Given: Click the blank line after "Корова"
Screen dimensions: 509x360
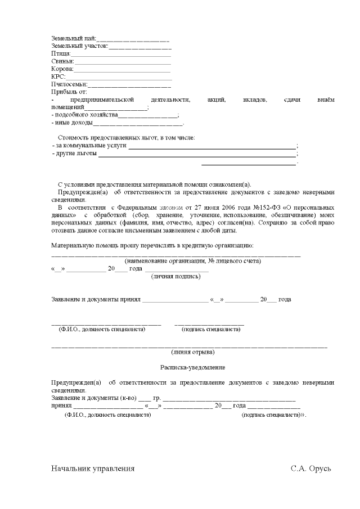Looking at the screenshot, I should click(122, 70).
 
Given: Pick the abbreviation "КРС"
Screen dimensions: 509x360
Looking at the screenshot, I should click(58, 76).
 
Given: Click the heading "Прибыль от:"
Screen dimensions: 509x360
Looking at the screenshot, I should click(69, 92).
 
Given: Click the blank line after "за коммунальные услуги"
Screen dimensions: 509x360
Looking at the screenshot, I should click(211, 147).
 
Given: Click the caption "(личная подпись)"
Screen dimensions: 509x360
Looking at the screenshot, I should click(175, 276).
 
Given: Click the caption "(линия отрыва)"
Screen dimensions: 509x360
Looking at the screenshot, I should click(192, 352).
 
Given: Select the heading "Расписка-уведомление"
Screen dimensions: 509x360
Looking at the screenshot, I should click(192, 367).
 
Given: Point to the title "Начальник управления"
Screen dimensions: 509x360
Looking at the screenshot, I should click(93, 469).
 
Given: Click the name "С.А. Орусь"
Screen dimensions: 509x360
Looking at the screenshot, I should click(311, 469).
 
